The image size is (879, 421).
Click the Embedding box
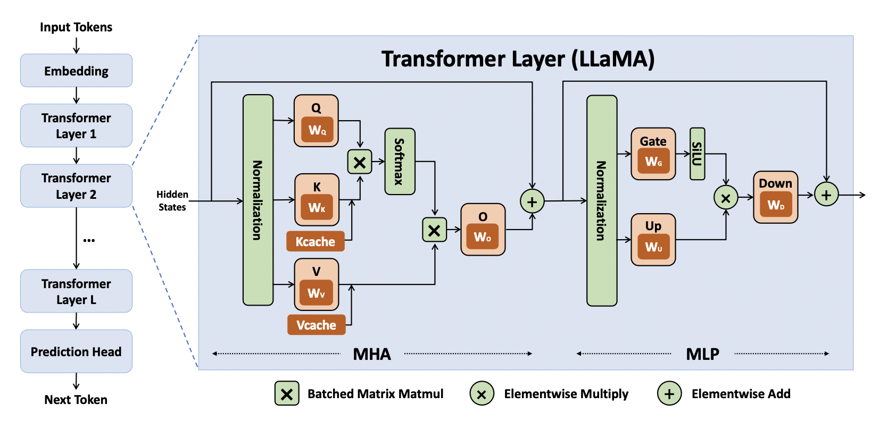(76, 71)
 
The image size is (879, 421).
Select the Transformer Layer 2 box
(76, 186)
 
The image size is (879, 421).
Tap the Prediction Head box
(76, 351)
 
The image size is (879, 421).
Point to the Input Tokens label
(76, 27)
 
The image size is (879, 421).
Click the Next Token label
(76, 400)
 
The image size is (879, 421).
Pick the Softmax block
(400, 162)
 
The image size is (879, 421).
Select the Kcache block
(316, 241)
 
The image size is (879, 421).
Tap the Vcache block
(316, 325)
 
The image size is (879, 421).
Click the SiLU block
(697, 154)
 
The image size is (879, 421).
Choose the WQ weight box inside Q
(317, 130)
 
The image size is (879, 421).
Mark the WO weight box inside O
(483, 237)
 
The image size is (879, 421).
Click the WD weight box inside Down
(776, 205)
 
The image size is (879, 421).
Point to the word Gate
(653, 141)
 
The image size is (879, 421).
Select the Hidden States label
(172, 201)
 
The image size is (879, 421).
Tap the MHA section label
(372, 354)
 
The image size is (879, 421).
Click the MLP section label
(702, 354)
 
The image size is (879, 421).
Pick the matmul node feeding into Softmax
(360, 162)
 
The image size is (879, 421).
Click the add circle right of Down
(826, 195)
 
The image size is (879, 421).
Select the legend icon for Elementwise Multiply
(482, 394)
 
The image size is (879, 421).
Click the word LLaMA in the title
(612, 59)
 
